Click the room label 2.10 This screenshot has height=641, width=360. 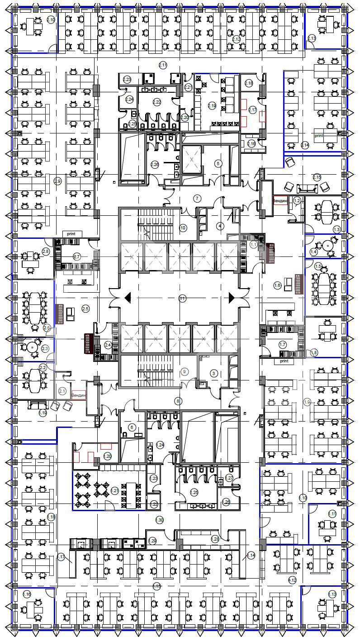(51, 19)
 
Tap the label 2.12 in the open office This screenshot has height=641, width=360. (236, 39)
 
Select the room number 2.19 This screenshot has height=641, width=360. (212, 106)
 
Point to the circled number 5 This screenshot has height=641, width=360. (218, 163)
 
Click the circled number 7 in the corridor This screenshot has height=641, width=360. (197, 198)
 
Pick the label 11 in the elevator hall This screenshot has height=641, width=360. (182, 298)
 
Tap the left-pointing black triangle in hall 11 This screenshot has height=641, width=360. (128, 297)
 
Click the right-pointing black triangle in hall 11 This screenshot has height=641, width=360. (232, 297)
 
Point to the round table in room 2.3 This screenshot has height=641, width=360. (32, 347)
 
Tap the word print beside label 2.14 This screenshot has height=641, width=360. (319, 135)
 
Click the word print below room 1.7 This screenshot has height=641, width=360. (284, 361)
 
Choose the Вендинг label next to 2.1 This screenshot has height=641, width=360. (79, 395)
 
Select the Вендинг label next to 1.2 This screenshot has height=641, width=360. (280, 200)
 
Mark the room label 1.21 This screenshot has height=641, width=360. (114, 491)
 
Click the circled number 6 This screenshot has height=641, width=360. (132, 427)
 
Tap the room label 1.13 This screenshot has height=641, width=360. (332, 594)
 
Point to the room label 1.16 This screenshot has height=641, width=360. (27, 594)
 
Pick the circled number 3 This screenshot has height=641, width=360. (214, 373)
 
